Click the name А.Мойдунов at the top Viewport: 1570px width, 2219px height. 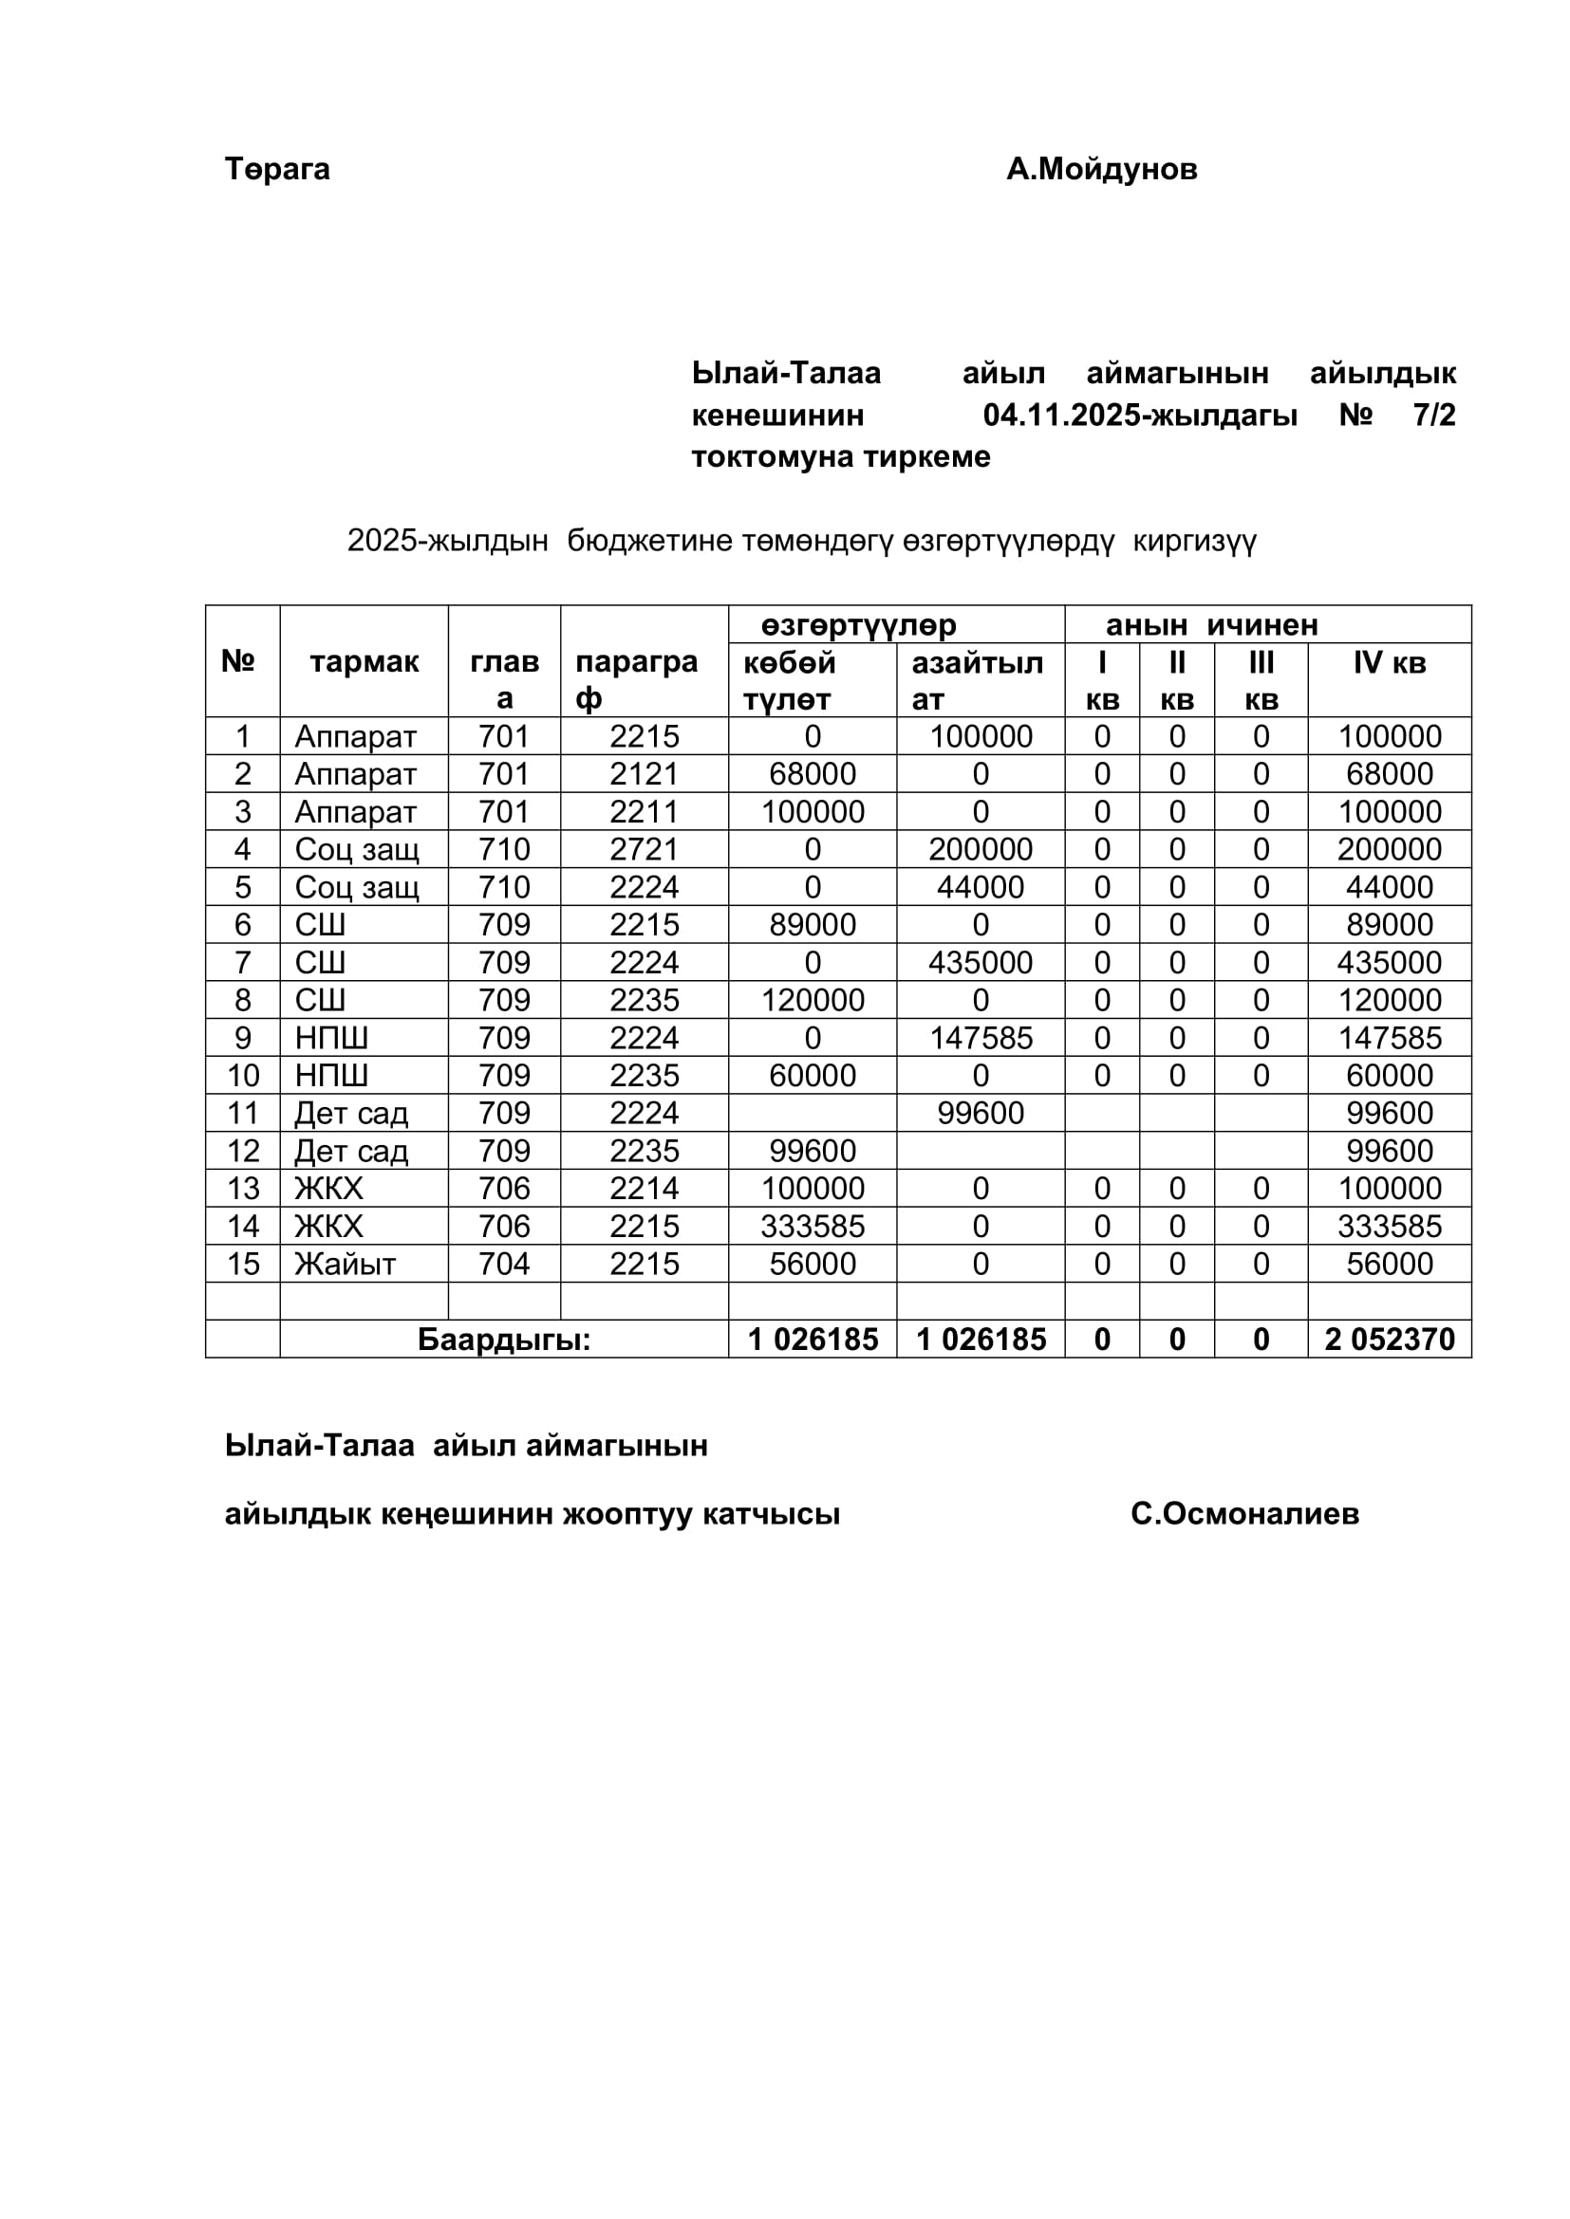[x=1101, y=169]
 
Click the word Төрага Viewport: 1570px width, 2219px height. [x=277, y=169]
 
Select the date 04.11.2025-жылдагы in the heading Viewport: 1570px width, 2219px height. [x=1140, y=416]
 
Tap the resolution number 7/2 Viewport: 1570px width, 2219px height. [x=1433, y=416]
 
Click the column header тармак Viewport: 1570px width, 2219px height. [x=364, y=662]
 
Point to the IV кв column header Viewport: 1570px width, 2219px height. [x=1390, y=663]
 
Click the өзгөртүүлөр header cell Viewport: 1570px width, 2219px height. [x=858, y=625]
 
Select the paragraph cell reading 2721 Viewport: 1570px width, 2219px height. [x=644, y=849]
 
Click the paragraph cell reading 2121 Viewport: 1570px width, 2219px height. [x=644, y=774]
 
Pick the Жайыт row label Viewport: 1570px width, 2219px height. [x=346, y=1264]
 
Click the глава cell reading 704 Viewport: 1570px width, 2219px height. [x=504, y=1264]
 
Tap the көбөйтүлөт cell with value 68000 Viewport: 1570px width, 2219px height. [x=813, y=774]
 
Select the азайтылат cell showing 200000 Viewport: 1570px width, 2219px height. [x=981, y=849]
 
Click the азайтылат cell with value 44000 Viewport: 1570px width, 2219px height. [x=981, y=887]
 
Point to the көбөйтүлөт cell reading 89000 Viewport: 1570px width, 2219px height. [x=813, y=925]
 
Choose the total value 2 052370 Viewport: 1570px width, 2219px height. [x=1390, y=1340]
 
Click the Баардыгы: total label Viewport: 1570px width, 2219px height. [x=504, y=1340]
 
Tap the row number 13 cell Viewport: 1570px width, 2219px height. [x=243, y=1189]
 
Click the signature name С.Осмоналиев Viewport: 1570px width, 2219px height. [x=1244, y=1513]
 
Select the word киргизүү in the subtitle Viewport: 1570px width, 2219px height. [x=1194, y=541]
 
